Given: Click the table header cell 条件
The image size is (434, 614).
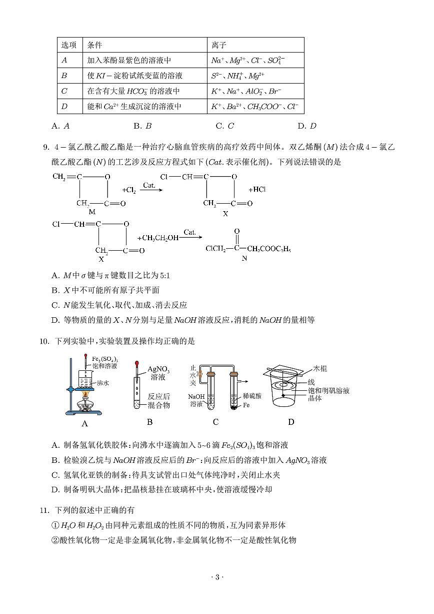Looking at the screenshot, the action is (x=94, y=45).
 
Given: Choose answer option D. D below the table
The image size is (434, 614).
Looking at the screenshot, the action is (x=306, y=126).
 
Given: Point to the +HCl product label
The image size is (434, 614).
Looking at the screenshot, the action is (x=257, y=190).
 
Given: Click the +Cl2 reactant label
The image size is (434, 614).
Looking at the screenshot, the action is (x=129, y=190).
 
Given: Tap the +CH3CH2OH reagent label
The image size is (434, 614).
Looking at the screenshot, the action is (x=157, y=238).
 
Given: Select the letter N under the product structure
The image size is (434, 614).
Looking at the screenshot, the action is (x=244, y=259).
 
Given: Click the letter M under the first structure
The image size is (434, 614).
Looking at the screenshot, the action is (x=92, y=212).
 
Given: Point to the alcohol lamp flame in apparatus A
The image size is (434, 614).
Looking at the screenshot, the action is (x=86, y=395).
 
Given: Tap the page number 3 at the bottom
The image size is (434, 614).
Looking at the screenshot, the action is (x=217, y=591).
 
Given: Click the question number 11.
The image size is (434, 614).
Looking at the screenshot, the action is (x=43, y=510).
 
